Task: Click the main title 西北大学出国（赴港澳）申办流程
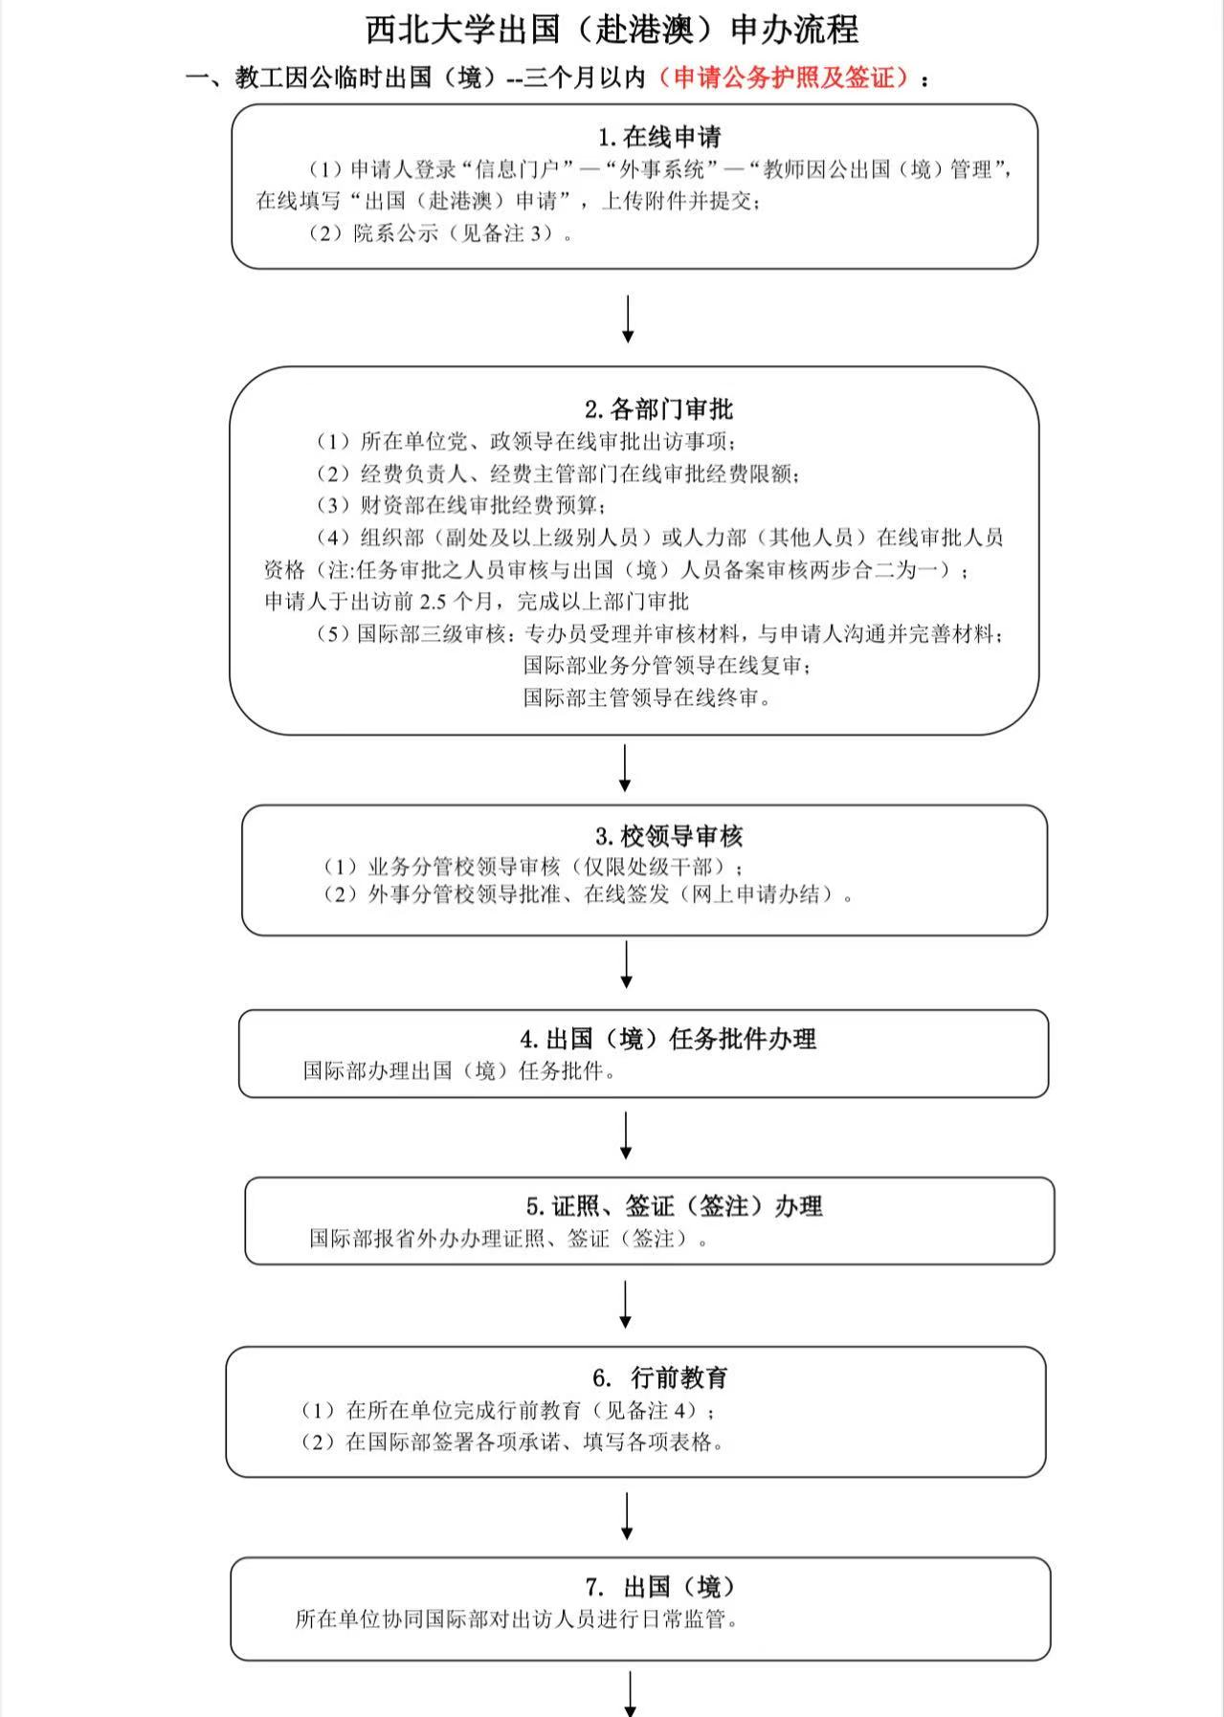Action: coord(612,30)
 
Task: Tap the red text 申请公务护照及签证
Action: coord(791,78)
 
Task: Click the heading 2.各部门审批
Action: coord(658,409)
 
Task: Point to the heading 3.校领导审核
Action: coord(668,836)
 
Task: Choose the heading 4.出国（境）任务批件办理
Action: coord(668,1039)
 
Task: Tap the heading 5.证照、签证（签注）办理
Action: coord(674,1206)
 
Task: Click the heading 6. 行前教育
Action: coord(659,1377)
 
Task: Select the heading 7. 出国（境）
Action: coord(659,1587)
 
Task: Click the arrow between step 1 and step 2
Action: coord(628,319)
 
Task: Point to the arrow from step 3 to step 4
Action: coord(627,964)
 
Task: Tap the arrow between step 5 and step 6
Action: coord(626,1305)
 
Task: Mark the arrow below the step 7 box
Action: coord(631,1693)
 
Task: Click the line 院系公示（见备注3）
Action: coord(441,233)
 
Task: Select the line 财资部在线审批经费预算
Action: coord(463,505)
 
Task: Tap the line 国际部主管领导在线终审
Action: coord(647,698)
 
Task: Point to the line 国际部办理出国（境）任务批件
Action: coord(460,1071)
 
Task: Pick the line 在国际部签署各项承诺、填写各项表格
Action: coord(513,1442)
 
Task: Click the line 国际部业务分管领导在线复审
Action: coord(667,666)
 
